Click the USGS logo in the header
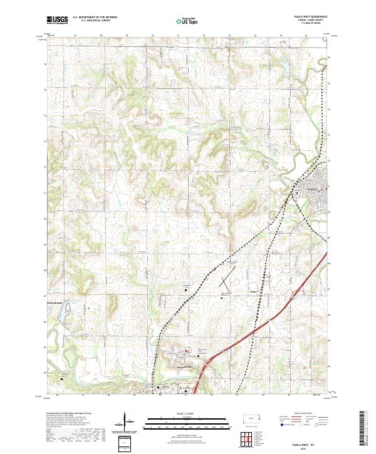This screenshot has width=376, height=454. click(57, 20)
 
